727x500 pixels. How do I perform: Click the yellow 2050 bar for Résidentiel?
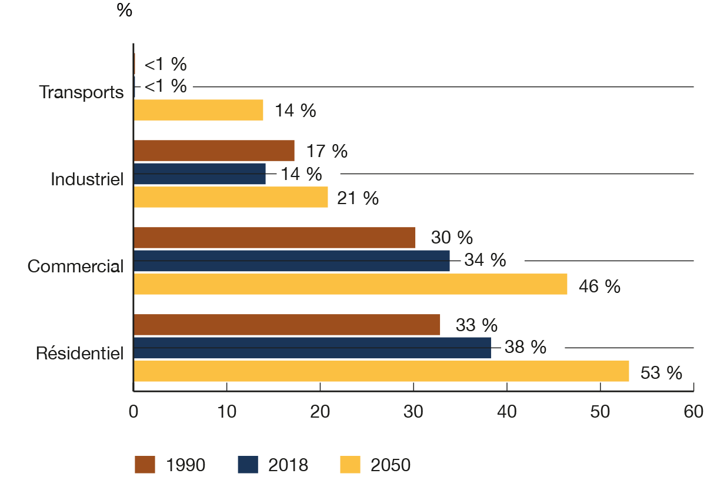point(381,372)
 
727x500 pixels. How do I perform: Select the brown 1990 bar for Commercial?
point(275,238)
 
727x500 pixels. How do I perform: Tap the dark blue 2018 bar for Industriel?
point(200,174)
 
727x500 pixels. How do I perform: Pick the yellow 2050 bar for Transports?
point(198,110)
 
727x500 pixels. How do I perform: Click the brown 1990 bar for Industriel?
point(214,151)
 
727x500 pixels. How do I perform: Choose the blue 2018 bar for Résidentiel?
point(312,348)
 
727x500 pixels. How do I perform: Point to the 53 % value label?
point(661,373)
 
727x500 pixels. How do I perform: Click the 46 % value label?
point(599,286)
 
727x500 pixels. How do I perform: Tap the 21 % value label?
point(358,199)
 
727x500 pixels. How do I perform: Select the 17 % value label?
point(326,151)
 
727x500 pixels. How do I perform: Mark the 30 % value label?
point(452,238)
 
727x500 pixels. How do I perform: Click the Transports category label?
point(81,92)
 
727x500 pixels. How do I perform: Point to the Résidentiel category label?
point(79,354)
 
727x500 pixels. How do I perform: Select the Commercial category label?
point(76,266)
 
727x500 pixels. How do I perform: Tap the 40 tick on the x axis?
point(506,412)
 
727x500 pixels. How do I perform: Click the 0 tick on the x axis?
point(134,412)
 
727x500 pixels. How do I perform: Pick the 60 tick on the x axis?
point(693,412)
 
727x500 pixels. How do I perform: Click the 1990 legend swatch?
point(145,465)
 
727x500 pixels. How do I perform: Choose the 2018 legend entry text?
point(288,465)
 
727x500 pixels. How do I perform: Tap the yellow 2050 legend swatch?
point(350,465)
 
